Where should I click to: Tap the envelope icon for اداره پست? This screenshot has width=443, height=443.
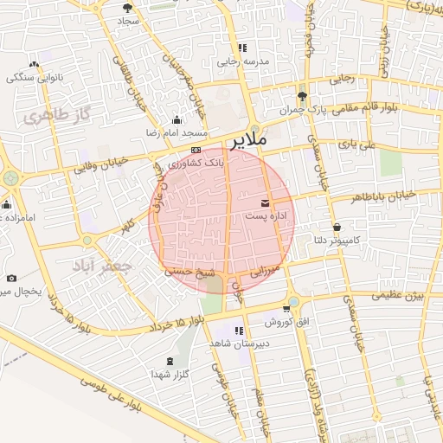coord(265,202)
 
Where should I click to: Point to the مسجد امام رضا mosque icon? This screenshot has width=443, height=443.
coord(177,120)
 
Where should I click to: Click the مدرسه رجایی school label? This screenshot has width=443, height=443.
coord(243,61)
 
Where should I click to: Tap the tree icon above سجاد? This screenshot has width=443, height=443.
coord(128,7)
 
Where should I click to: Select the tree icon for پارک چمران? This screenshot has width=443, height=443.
coord(301,96)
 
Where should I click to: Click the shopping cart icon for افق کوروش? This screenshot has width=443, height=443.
coord(286,309)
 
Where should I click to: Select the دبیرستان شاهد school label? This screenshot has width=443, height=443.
coord(239,343)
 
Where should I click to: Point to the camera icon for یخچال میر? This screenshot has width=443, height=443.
coord(11,278)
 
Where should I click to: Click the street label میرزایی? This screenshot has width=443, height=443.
coord(264,271)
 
